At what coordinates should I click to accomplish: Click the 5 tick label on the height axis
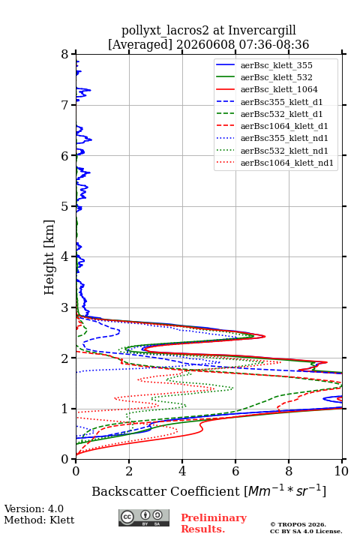[65, 206]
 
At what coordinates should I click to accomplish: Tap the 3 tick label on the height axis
[65, 307]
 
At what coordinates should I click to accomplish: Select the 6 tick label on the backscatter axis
[235, 471]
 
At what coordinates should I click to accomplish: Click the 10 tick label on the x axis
[341, 471]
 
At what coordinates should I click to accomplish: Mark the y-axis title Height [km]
[49, 257]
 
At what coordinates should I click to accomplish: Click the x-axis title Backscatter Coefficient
[166, 491]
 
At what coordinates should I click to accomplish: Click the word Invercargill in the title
[262, 31]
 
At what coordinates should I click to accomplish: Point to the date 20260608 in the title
[205, 44]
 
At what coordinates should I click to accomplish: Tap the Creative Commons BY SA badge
[144, 518]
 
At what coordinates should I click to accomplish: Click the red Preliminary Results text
[214, 523]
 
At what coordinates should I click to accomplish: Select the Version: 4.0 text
[34, 508]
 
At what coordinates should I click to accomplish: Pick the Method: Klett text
[39, 520]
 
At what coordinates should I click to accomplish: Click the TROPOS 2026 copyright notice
[306, 528]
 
